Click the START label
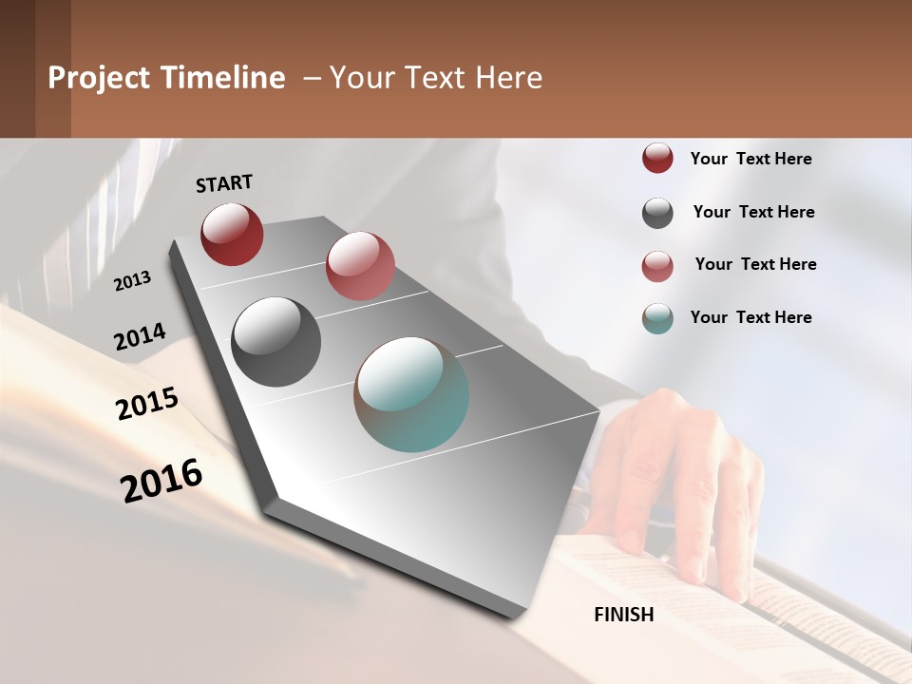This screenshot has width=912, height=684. pyautogui.click(x=224, y=183)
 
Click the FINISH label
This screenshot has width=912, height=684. pyautogui.click(x=624, y=615)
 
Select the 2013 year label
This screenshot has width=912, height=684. pyautogui.click(x=133, y=280)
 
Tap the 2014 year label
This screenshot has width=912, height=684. pyautogui.click(x=141, y=337)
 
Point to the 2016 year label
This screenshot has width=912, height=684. pyautogui.click(x=161, y=480)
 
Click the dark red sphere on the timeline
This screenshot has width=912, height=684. pyautogui.click(x=232, y=234)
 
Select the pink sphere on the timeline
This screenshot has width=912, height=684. pyautogui.click(x=360, y=266)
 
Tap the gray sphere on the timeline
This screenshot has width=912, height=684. pyautogui.click(x=275, y=341)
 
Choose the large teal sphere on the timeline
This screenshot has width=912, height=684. pyautogui.click(x=411, y=394)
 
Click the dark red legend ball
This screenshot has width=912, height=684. pyautogui.click(x=657, y=158)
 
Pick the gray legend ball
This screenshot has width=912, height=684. pyautogui.click(x=657, y=213)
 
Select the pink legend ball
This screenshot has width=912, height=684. pyautogui.click(x=657, y=266)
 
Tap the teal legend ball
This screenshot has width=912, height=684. pyautogui.click(x=657, y=318)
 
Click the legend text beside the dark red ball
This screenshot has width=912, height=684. pyautogui.click(x=750, y=159)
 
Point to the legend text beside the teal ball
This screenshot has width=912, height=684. pyautogui.click(x=750, y=317)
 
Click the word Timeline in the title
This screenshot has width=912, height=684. pyautogui.click(x=223, y=78)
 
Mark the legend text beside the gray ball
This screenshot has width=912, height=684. pyautogui.click(x=753, y=212)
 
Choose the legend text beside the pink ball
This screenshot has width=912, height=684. pyautogui.click(x=755, y=264)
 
